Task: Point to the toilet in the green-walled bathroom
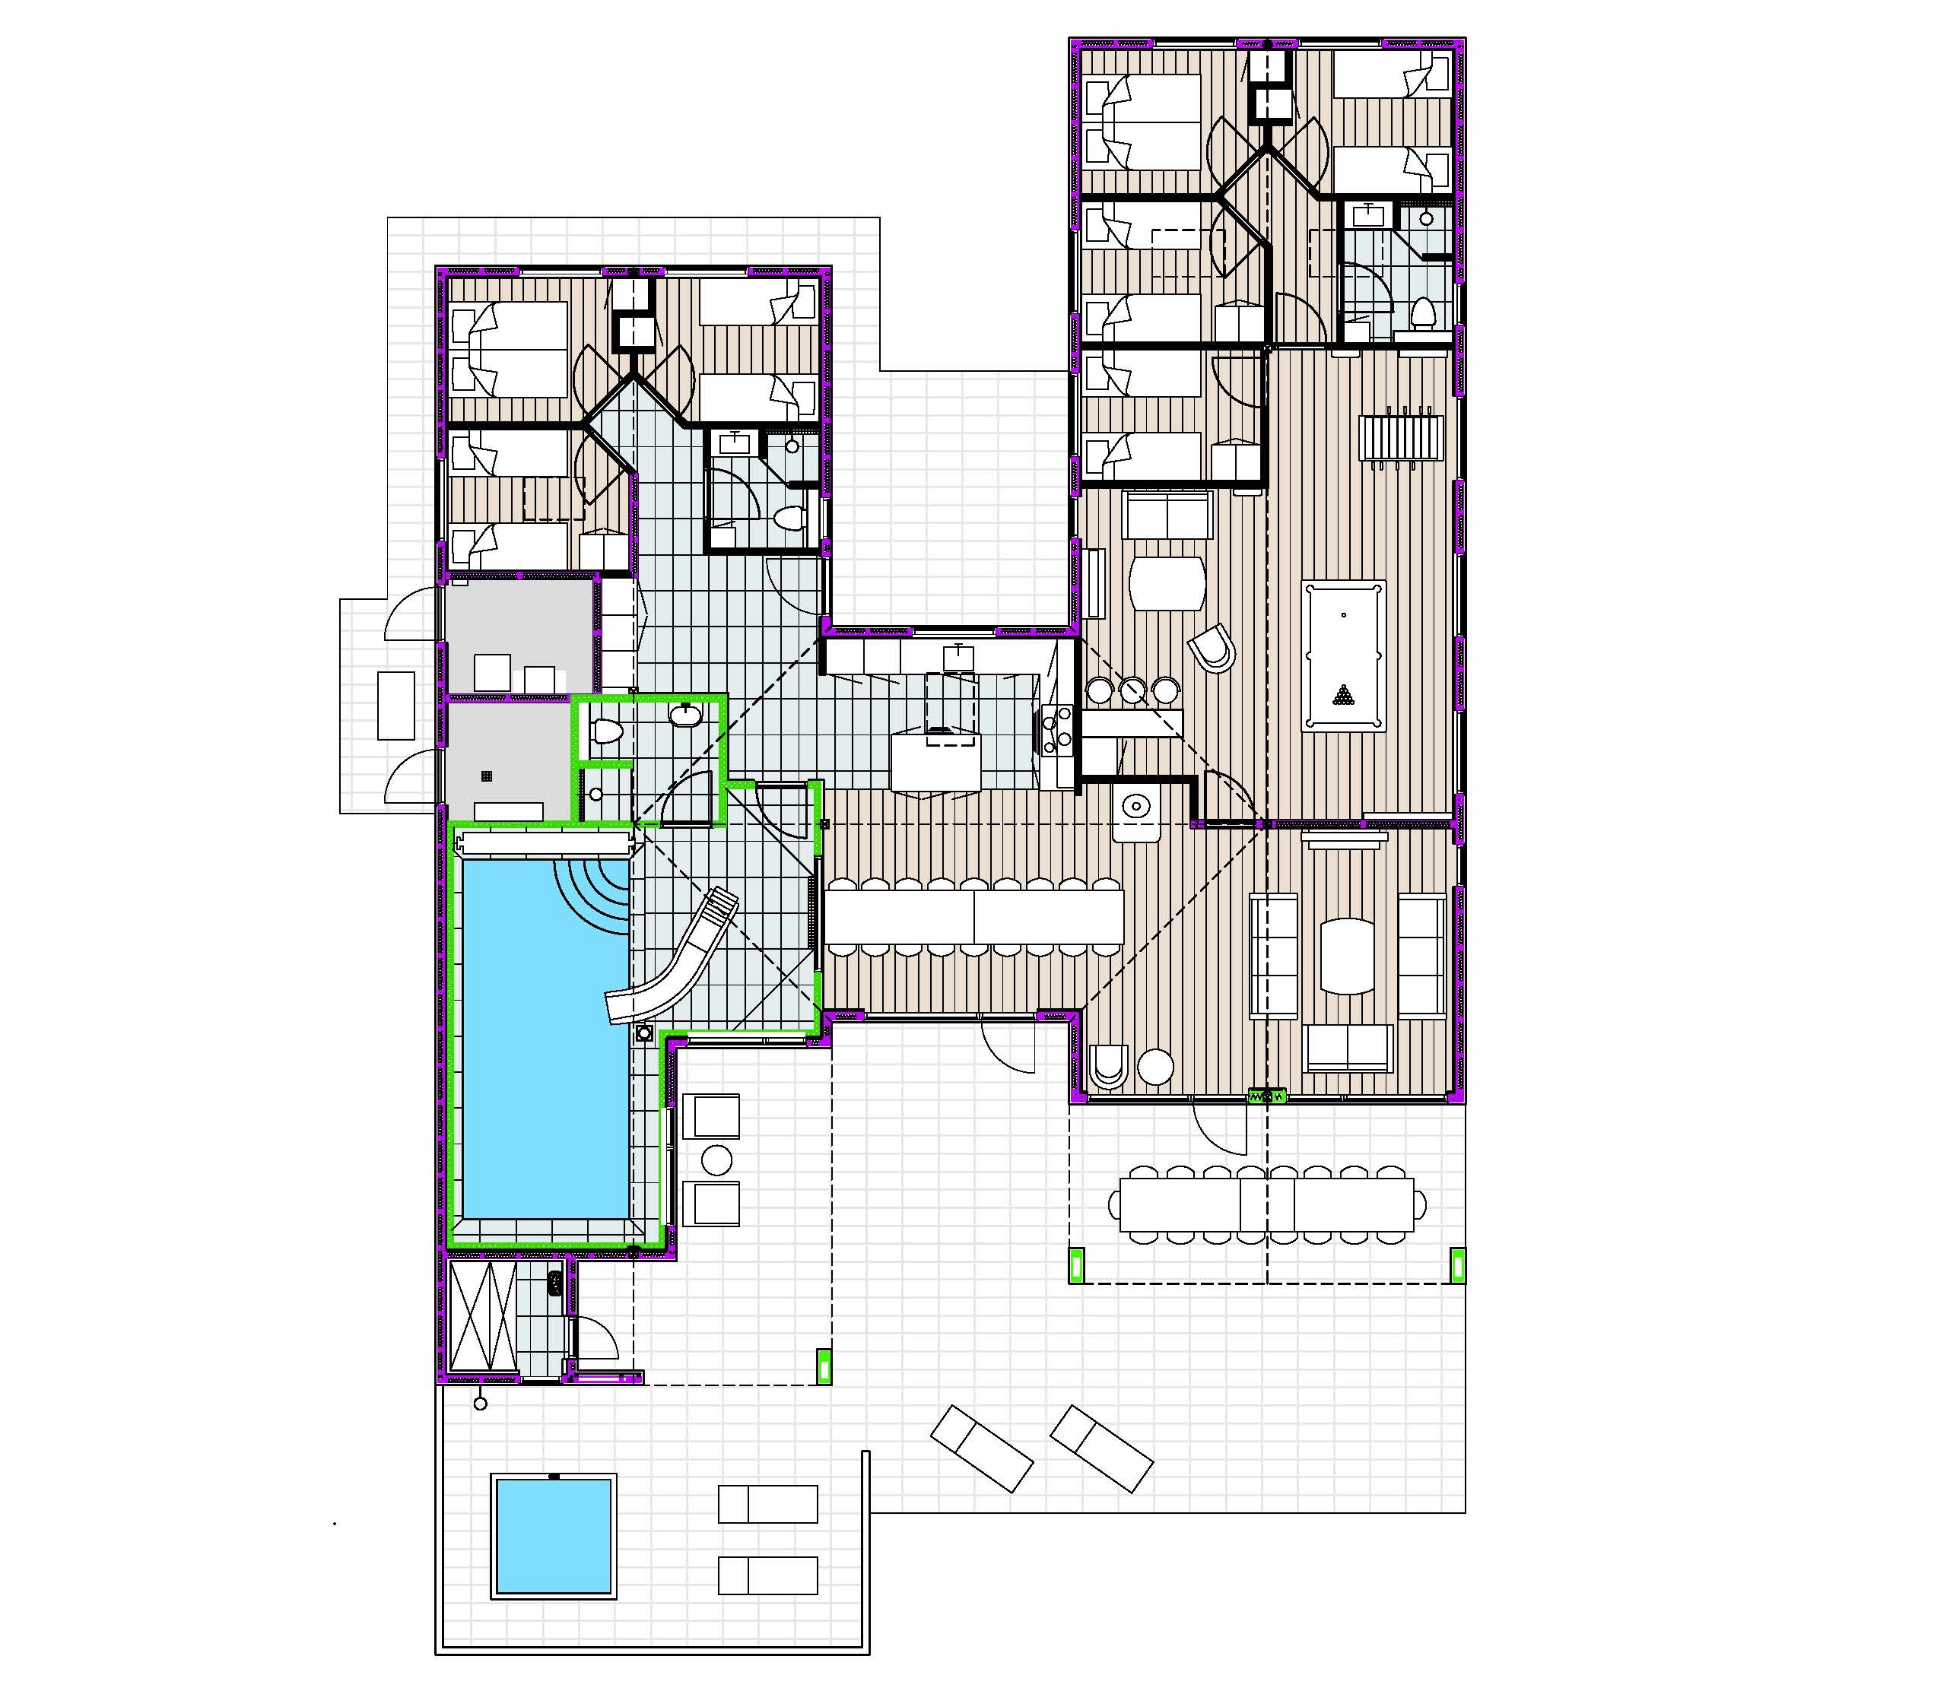[605, 731]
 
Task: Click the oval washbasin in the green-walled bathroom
[684, 716]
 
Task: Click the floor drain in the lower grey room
[487, 776]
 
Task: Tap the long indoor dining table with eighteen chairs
[974, 915]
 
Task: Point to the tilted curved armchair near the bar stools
[1212, 649]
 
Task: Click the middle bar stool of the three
[1132, 690]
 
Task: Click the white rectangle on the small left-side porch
[396, 705]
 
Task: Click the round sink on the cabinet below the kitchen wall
[1135, 807]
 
